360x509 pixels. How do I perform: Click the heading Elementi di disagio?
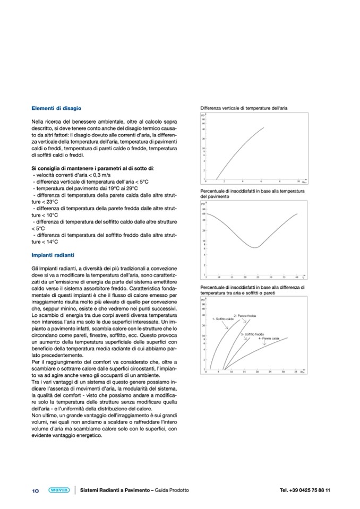pos(56,108)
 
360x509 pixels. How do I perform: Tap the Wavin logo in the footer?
pos(58,490)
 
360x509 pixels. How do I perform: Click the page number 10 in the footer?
pos(36,490)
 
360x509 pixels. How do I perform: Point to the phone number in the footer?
pos(304,490)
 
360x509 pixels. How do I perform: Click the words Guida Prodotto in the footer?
pos(172,490)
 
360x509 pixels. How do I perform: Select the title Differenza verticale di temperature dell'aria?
pos(244,108)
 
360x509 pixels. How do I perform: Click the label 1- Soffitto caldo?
pos(223,319)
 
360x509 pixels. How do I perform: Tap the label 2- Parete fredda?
pos(245,316)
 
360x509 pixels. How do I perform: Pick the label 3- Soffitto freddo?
pos(252,334)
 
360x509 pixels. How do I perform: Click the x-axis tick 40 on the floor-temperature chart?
pos(296,277)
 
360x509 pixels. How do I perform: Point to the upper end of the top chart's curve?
pos(264,127)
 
